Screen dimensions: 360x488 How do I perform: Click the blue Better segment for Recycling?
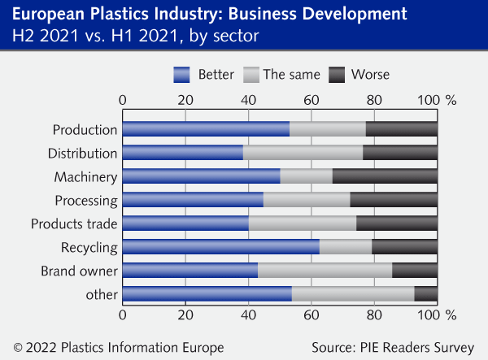point(220,247)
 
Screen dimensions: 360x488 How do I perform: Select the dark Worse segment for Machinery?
point(385,176)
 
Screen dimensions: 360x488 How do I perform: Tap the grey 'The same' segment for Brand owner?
point(325,271)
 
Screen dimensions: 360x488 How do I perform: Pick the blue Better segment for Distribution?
point(182,153)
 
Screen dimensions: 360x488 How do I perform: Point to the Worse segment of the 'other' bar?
point(425,294)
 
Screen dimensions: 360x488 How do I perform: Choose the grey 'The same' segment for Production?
point(328,129)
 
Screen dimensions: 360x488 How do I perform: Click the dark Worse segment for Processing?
point(394,200)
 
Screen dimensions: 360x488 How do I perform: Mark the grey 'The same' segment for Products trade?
point(303,223)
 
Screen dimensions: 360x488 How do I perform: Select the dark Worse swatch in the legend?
point(338,75)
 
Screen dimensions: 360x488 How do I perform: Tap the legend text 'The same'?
point(291,75)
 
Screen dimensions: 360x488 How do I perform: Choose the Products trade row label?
point(74,223)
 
